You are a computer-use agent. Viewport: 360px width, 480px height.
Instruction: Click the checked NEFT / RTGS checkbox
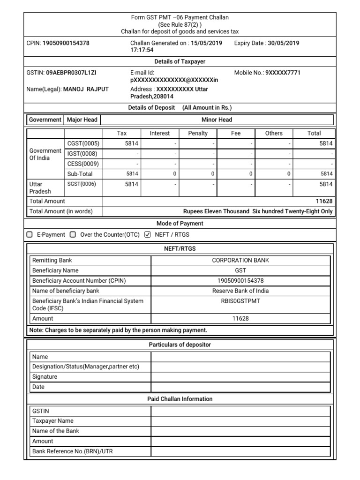click(x=148, y=234)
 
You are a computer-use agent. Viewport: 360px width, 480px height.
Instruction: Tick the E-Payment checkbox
click(x=30, y=234)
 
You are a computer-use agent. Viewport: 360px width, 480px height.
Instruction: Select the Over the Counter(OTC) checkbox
click(x=73, y=234)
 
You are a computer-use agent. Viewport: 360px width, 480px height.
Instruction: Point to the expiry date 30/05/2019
click(x=283, y=43)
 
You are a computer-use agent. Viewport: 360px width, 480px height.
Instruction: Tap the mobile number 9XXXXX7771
click(x=283, y=73)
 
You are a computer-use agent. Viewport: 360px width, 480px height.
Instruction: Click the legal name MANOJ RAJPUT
click(x=86, y=89)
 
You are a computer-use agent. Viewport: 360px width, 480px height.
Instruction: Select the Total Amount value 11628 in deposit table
click(x=325, y=201)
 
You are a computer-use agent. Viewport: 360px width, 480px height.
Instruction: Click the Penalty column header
click(x=198, y=133)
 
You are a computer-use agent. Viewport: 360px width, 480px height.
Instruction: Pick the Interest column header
click(x=160, y=133)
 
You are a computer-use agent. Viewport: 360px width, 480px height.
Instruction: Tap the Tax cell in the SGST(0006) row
click(x=122, y=184)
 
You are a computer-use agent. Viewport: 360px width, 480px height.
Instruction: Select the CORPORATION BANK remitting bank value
click(x=240, y=260)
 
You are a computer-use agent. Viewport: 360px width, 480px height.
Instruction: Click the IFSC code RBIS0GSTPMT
click(x=240, y=301)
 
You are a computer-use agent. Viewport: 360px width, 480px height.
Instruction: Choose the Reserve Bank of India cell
click(x=240, y=291)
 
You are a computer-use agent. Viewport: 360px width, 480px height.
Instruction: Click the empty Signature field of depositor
click(x=240, y=377)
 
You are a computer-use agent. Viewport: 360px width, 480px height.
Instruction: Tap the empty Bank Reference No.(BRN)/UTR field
click(x=240, y=451)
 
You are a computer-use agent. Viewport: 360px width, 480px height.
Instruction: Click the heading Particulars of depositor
click(x=180, y=345)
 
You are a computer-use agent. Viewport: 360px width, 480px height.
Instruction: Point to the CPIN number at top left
click(x=66, y=43)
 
